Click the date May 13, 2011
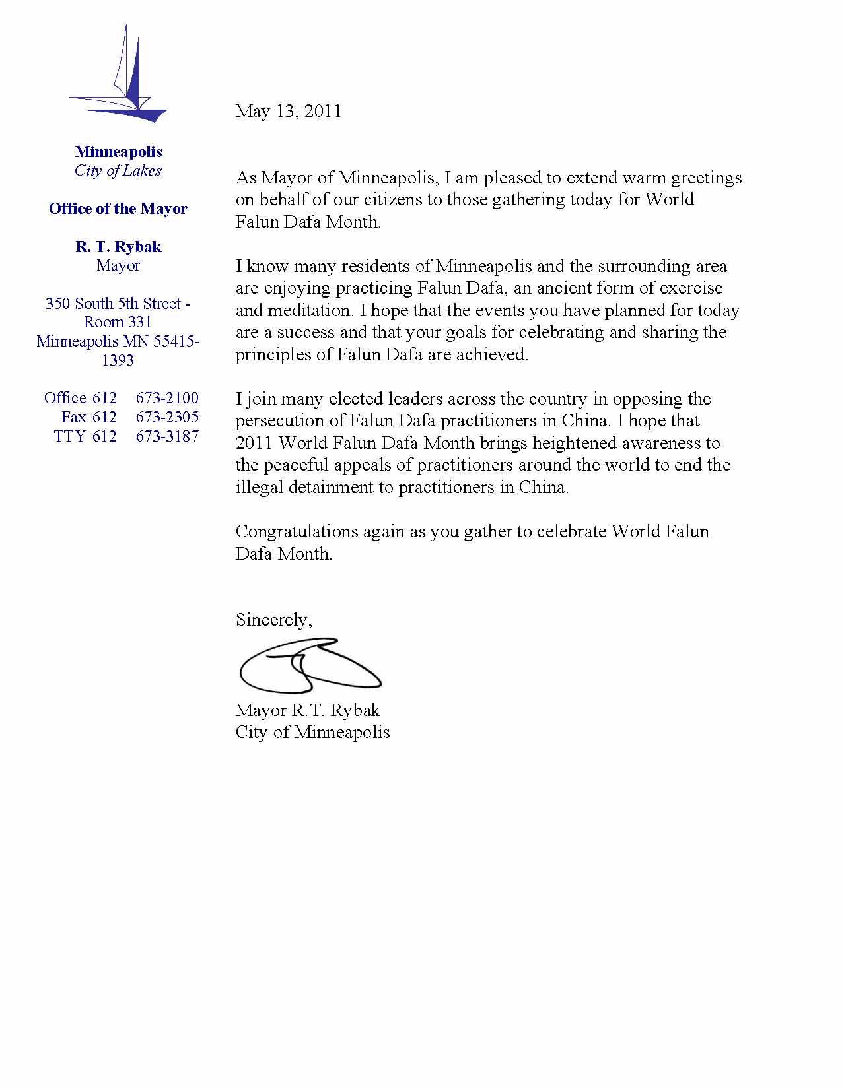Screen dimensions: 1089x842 (288, 111)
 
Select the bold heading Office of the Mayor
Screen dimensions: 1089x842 (118, 209)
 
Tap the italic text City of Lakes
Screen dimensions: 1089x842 (118, 171)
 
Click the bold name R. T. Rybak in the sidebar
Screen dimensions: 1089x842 (118, 247)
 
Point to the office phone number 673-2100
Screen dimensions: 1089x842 (167, 398)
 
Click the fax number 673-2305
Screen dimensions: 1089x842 (167, 417)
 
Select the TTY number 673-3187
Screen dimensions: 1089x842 (167, 436)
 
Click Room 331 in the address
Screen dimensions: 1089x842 (118, 322)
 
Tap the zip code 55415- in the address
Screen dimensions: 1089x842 (176, 341)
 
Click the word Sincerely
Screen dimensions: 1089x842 (273, 620)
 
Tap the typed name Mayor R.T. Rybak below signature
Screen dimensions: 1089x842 (308, 710)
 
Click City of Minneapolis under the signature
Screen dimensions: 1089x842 (312, 732)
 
